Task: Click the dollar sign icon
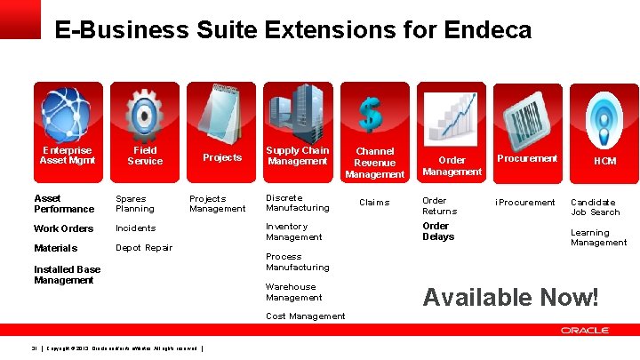pyautogui.click(x=370, y=114)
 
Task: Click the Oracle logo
pyautogui.click(x=584, y=330)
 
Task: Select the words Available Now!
pyautogui.click(x=511, y=297)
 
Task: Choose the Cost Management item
pyautogui.click(x=305, y=316)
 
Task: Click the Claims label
pyautogui.click(x=373, y=203)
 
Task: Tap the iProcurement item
pyautogui.click(x=525, y=203)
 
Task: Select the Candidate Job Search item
pyautogui.click(x=595, y=207)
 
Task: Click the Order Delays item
pyautogui.click(x=438, y=232)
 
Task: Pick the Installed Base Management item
pyautogui.click(x=67, y=275)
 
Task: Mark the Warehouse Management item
pyautogui.click(x=294, y=292)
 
